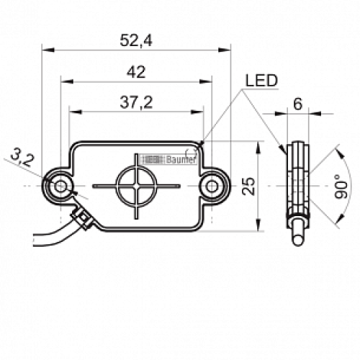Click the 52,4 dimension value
coord(135,42)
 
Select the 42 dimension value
coord(135,71)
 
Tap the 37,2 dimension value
coord(136,103)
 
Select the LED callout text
coord(261,81)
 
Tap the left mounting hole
coord(60,186)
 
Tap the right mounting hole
coord(211,186)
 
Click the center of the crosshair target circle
coord(136,186)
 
